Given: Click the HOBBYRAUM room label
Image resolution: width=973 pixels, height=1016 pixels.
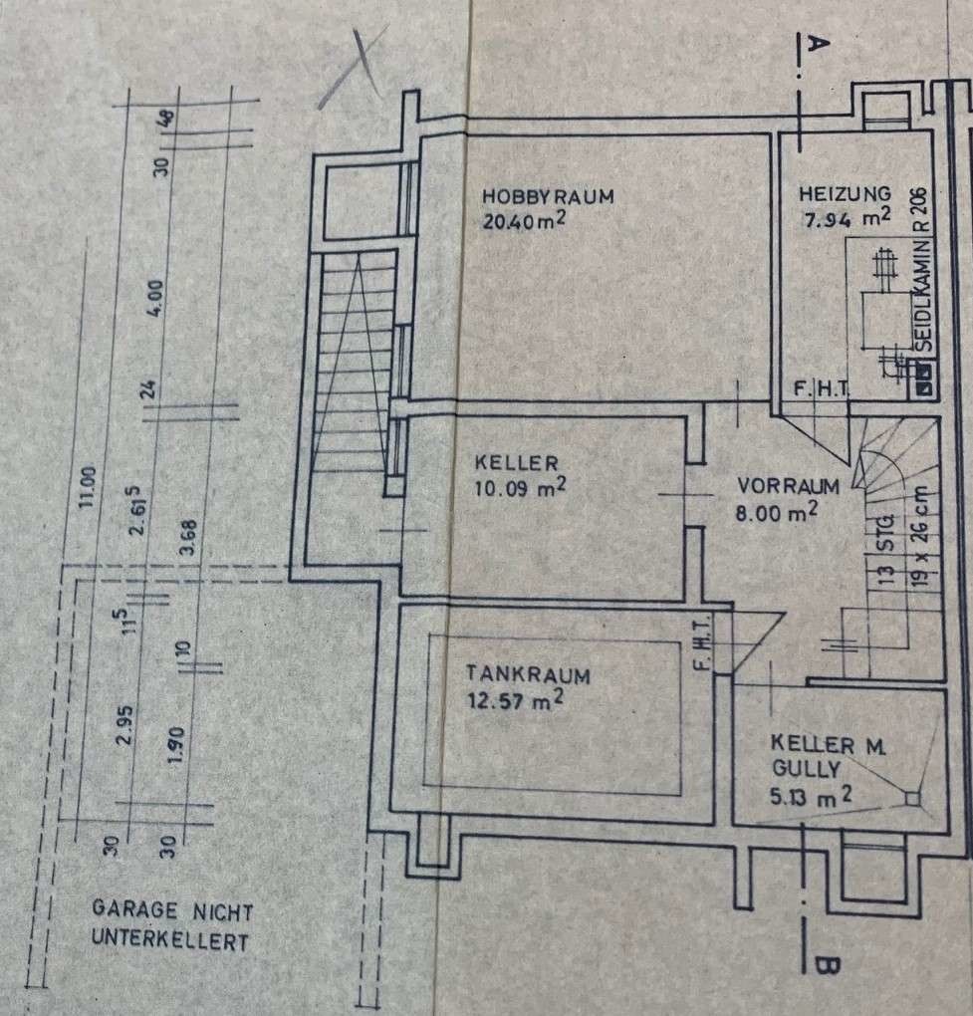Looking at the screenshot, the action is coord(548,196).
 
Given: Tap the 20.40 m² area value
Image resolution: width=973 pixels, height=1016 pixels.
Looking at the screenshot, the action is coord(524,220).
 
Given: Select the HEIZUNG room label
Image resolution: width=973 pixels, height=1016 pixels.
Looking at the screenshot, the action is coord(845,194).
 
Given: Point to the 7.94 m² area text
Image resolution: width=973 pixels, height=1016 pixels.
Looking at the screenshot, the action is coord(847,218).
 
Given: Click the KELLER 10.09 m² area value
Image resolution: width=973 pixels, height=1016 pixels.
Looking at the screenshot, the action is coord(520,487).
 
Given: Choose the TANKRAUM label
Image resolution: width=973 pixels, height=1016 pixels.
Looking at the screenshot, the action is coord(528,674).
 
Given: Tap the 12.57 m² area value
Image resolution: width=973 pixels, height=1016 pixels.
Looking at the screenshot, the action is coord(515,700).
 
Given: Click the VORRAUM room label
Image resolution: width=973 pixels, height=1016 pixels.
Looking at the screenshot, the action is coord(788,486).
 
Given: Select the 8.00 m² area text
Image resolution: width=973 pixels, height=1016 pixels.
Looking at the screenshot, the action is coord(776,512).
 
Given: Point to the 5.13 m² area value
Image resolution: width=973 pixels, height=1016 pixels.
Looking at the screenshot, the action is coord(810,796).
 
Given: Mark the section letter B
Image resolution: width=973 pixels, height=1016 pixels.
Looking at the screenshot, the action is coord(826,965).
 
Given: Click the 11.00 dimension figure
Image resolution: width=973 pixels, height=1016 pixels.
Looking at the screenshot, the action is coord(87,487).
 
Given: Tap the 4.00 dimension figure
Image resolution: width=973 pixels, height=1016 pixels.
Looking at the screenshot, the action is coord(155,299).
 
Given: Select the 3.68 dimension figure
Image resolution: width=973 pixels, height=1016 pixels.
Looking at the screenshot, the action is coord(188,537).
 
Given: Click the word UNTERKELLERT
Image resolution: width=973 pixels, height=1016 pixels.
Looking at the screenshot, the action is coord(169,939).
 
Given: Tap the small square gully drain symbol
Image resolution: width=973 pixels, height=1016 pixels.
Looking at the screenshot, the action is coord(912,798).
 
